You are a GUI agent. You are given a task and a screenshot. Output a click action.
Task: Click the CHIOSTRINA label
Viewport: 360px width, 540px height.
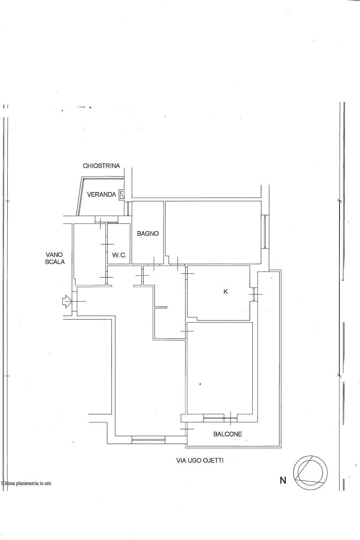[x=101, y=166]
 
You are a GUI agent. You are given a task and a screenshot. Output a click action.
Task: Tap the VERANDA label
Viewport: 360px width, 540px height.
[x=101, y=195]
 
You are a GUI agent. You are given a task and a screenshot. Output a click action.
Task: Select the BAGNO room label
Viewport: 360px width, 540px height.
[x=148, y=233]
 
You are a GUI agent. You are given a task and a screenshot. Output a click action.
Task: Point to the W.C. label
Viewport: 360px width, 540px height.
[x=119, y=255]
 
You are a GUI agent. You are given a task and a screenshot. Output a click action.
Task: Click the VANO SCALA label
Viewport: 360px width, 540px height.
[x=55, y=258]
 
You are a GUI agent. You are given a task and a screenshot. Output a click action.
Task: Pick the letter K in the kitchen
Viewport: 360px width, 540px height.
[x=226, y=292]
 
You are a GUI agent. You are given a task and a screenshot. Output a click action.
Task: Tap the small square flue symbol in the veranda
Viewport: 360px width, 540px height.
[x=122, y=195]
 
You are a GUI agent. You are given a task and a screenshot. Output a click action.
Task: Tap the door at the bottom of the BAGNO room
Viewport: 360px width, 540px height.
[x=154, y=264]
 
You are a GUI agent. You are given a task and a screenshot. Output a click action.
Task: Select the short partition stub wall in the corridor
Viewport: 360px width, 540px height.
[x=161, y=307]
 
